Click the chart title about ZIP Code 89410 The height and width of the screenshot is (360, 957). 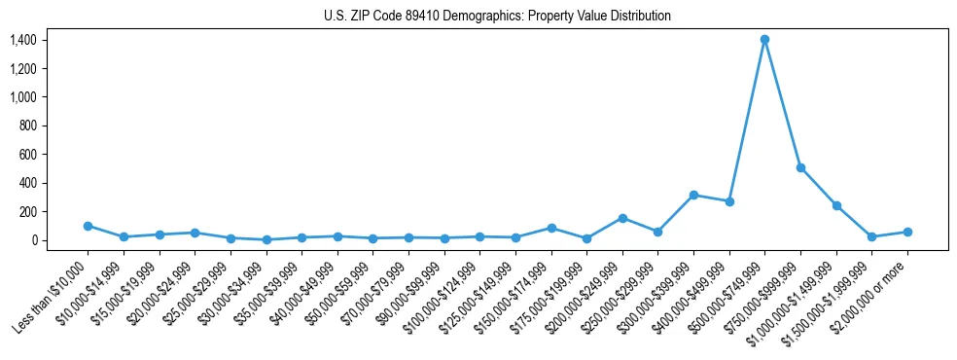(x=497, y=16)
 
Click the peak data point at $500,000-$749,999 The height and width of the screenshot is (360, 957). (x=764, y=40)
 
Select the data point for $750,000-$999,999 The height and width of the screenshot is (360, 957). (x=800, y=167)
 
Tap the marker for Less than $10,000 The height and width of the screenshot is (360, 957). (x=88, y=226)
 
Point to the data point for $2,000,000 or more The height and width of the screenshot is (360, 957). (x=907, y=232)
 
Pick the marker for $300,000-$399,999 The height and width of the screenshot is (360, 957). (x=693, y=195)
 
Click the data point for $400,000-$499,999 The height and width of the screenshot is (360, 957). (x=729, y=201)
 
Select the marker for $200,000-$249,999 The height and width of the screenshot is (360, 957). (x=622, y=218)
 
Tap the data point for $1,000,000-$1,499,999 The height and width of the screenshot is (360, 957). (x=836, y=205)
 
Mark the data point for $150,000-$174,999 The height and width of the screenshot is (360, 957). (x=551, y=228)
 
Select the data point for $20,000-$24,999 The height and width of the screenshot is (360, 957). (x=195, y=233)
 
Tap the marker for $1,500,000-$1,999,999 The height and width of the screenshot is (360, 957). (x=871, y=236)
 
